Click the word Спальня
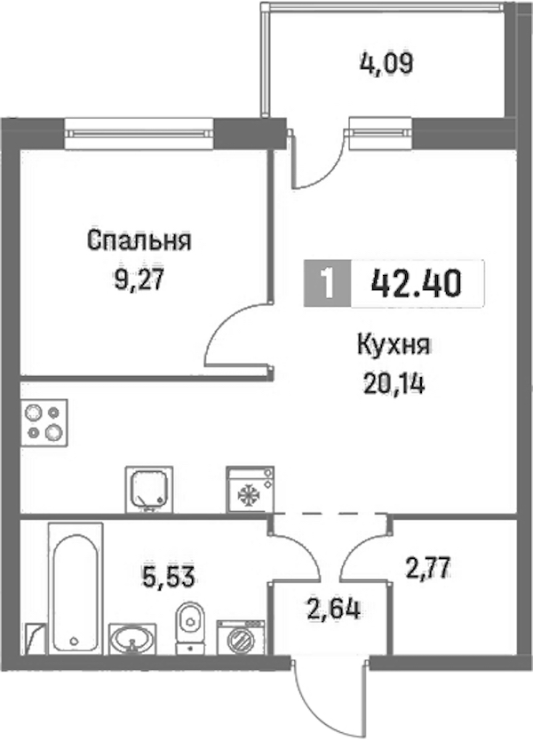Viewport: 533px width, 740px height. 139,240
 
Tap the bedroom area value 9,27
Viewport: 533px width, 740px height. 139,279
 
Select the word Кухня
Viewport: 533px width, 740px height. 394,345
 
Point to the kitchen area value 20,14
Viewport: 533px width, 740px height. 394,383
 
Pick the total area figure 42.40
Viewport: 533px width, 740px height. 416,284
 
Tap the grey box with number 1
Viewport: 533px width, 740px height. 327,284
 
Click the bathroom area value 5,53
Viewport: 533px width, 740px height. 169,577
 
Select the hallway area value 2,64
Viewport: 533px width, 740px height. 334,609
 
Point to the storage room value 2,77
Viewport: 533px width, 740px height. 428,568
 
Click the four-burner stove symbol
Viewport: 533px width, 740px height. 44,423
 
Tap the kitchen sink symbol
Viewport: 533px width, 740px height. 149,490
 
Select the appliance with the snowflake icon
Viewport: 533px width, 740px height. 250,490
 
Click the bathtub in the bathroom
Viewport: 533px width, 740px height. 76,588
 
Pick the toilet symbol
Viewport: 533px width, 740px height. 190,627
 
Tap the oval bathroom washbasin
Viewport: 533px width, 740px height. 132,639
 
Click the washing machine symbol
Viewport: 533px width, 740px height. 241,637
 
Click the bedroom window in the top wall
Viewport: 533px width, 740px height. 139,134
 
